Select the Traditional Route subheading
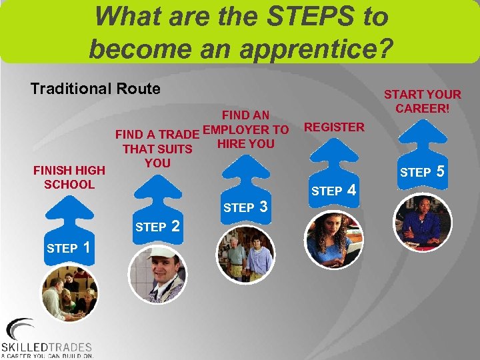[95, 89]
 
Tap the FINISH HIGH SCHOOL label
[69, 177]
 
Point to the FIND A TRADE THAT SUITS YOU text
[157, 149]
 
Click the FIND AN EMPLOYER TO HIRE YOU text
[245, 129]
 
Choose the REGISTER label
[334, 127]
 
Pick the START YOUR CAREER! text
[423, 101]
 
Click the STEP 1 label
[69, 248]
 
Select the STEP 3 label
[245, 207]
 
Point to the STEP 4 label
[335, 191]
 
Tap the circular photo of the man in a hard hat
[157, 273]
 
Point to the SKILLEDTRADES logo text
[47, 347]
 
